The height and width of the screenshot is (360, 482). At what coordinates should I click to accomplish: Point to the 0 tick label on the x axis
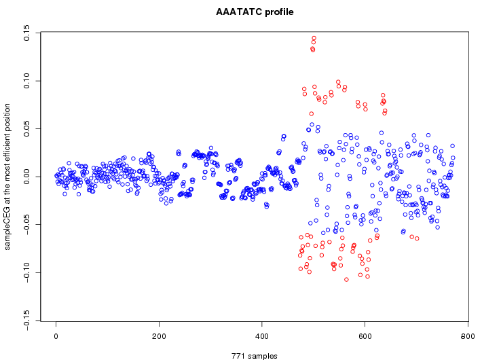[56, 336]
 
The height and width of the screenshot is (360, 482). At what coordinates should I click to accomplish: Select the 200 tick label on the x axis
[159, 336]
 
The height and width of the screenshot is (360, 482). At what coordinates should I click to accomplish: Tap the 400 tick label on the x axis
[262, 336]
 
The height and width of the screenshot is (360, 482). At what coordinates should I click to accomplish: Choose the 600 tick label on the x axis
[365, 336]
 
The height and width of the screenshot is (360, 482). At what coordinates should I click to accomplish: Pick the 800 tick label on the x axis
[468, 336]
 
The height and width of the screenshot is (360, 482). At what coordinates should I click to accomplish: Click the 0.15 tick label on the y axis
[26, 33]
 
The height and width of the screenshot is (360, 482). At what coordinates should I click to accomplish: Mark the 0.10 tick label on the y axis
[26, 81]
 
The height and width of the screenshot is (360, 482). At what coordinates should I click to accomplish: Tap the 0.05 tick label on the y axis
[26, 128]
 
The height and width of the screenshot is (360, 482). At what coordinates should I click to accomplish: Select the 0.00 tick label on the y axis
[26, 177]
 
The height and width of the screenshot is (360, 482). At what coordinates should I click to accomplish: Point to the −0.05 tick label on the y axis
[26, 224]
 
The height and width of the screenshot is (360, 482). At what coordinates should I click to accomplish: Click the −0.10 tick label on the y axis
[26, 272]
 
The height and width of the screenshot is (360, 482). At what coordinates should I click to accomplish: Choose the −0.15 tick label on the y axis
[26, 320]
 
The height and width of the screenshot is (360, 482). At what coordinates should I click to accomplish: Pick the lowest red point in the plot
[346, 279]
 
